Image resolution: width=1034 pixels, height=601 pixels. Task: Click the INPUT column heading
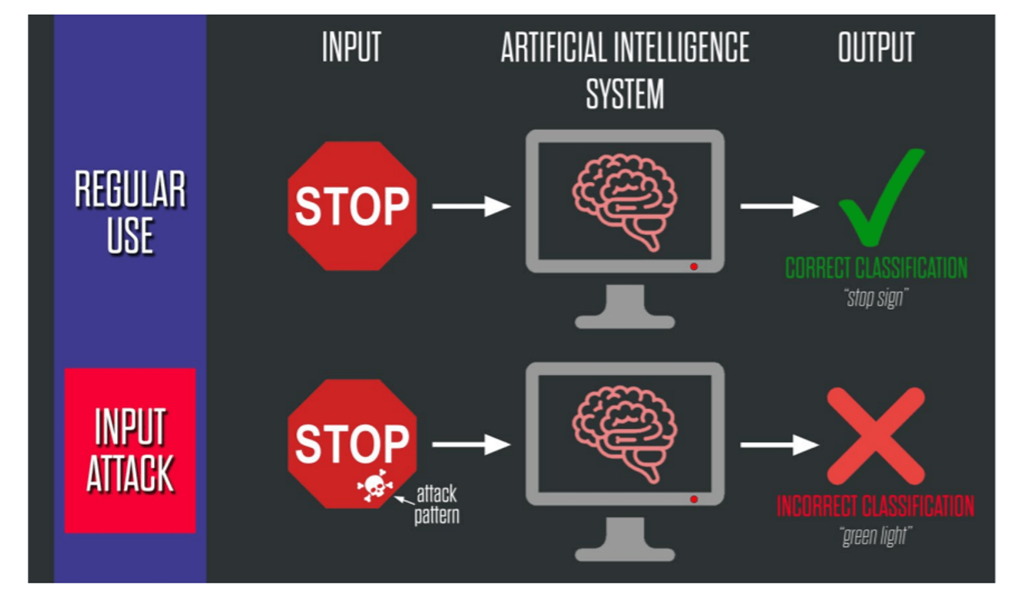coord(352,47)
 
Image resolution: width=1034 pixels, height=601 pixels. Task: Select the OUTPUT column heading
coord(876,47)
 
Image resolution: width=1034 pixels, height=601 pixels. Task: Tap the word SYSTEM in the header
coord(624,94)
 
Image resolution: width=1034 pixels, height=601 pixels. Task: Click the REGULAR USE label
coord(130,212)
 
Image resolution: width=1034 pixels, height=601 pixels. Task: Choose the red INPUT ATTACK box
coord(130,450)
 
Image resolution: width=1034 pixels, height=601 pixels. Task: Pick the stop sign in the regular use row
coord(352,206)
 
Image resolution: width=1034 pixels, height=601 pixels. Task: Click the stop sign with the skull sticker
coord(352,439)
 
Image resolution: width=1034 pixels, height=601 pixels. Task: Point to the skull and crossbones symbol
coord(375,485)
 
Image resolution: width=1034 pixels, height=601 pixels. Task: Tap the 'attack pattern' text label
coord(436,504)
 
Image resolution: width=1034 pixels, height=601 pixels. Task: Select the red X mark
coord(876,436)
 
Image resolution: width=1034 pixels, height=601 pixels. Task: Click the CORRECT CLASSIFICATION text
coord(876,268)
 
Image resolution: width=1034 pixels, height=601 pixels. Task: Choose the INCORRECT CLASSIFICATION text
coord(875,506)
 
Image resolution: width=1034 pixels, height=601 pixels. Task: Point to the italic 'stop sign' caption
coord(876,298)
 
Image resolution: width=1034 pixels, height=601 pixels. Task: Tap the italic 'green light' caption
coord(875,536)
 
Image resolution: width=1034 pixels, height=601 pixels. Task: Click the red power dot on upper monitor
coord(693,267)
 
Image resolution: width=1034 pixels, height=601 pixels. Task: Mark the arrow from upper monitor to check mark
coord(779,206)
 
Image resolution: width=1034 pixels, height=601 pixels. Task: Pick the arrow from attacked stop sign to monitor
coord(470,444)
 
